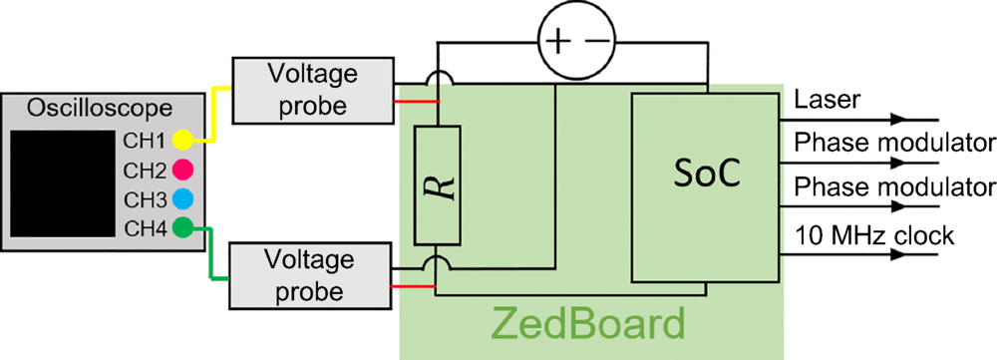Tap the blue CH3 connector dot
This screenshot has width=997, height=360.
tap(181, 196)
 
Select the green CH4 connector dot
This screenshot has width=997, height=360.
tap(181, 226)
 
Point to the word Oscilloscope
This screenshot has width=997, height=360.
tap(101, 108)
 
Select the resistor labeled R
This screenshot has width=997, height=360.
tap(437, 185)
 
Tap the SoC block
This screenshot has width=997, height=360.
tap(705, 186)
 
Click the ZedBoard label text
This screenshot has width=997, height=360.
tap(589, 325)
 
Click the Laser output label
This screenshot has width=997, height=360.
tap(822, 102)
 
